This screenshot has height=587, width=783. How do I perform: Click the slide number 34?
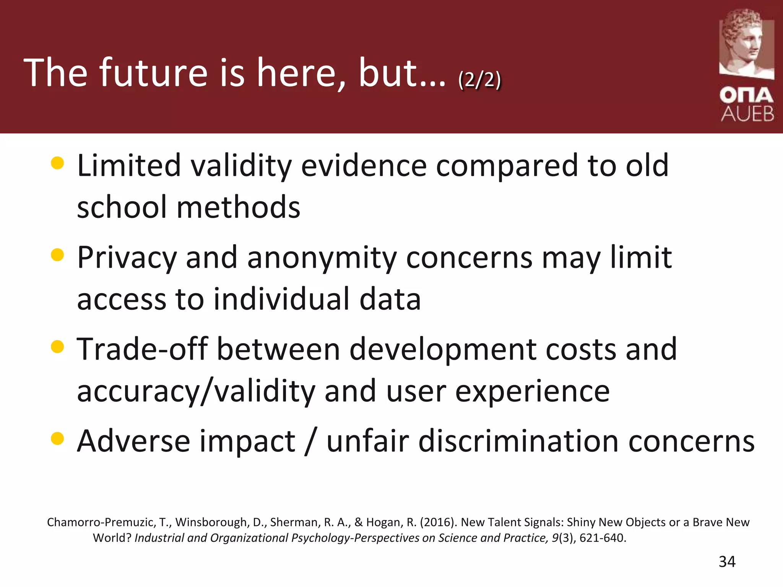(x=727, y=562)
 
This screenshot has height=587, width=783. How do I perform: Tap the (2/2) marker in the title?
(x=479, y=80)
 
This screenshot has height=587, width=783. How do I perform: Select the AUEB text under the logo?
(x=747, y=114)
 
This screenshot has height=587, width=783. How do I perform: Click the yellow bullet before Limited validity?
(x=57, y=163)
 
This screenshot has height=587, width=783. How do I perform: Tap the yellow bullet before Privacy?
(x=57, y=255)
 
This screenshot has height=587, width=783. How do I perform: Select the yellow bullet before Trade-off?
(x=57, y=347)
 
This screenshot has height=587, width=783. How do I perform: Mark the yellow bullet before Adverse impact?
(x=57, y=438)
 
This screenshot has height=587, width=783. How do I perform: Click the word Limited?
(x=129, y=165)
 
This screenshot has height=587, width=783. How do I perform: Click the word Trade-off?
(x=142, y=349)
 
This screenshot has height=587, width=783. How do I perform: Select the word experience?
(x=532, y=391)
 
